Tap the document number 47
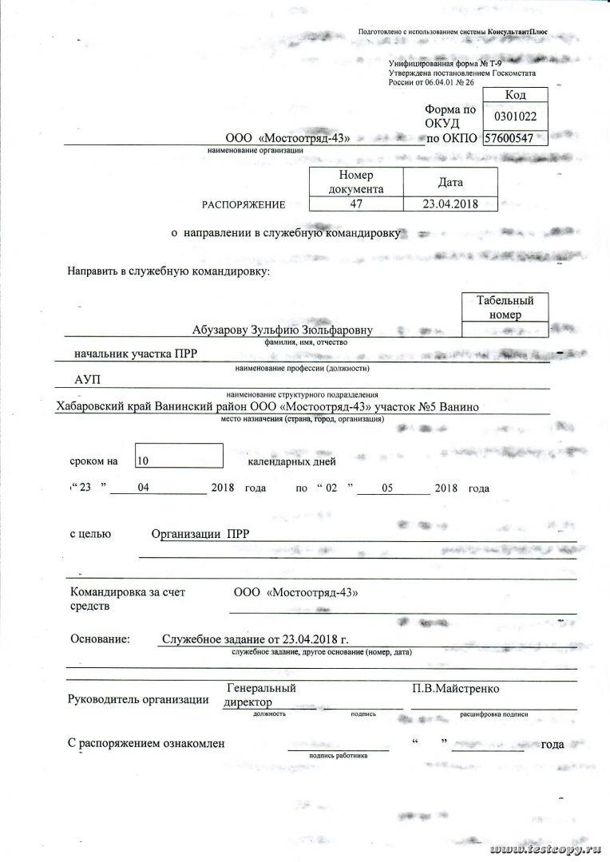pos(356,204)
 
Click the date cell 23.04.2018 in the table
pos(450,204)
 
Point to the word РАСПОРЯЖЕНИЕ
pos(244,204)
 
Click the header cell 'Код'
pos(515,95)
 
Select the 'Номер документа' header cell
pos(356,181)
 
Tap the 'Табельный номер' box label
pos(505,307)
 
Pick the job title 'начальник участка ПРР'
pos(135,352)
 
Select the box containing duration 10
pos(179,457)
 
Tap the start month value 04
pos(144,488)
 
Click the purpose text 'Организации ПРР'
pos(200,535)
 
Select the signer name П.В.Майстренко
pos(456,688)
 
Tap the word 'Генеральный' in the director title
pos(261,688)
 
